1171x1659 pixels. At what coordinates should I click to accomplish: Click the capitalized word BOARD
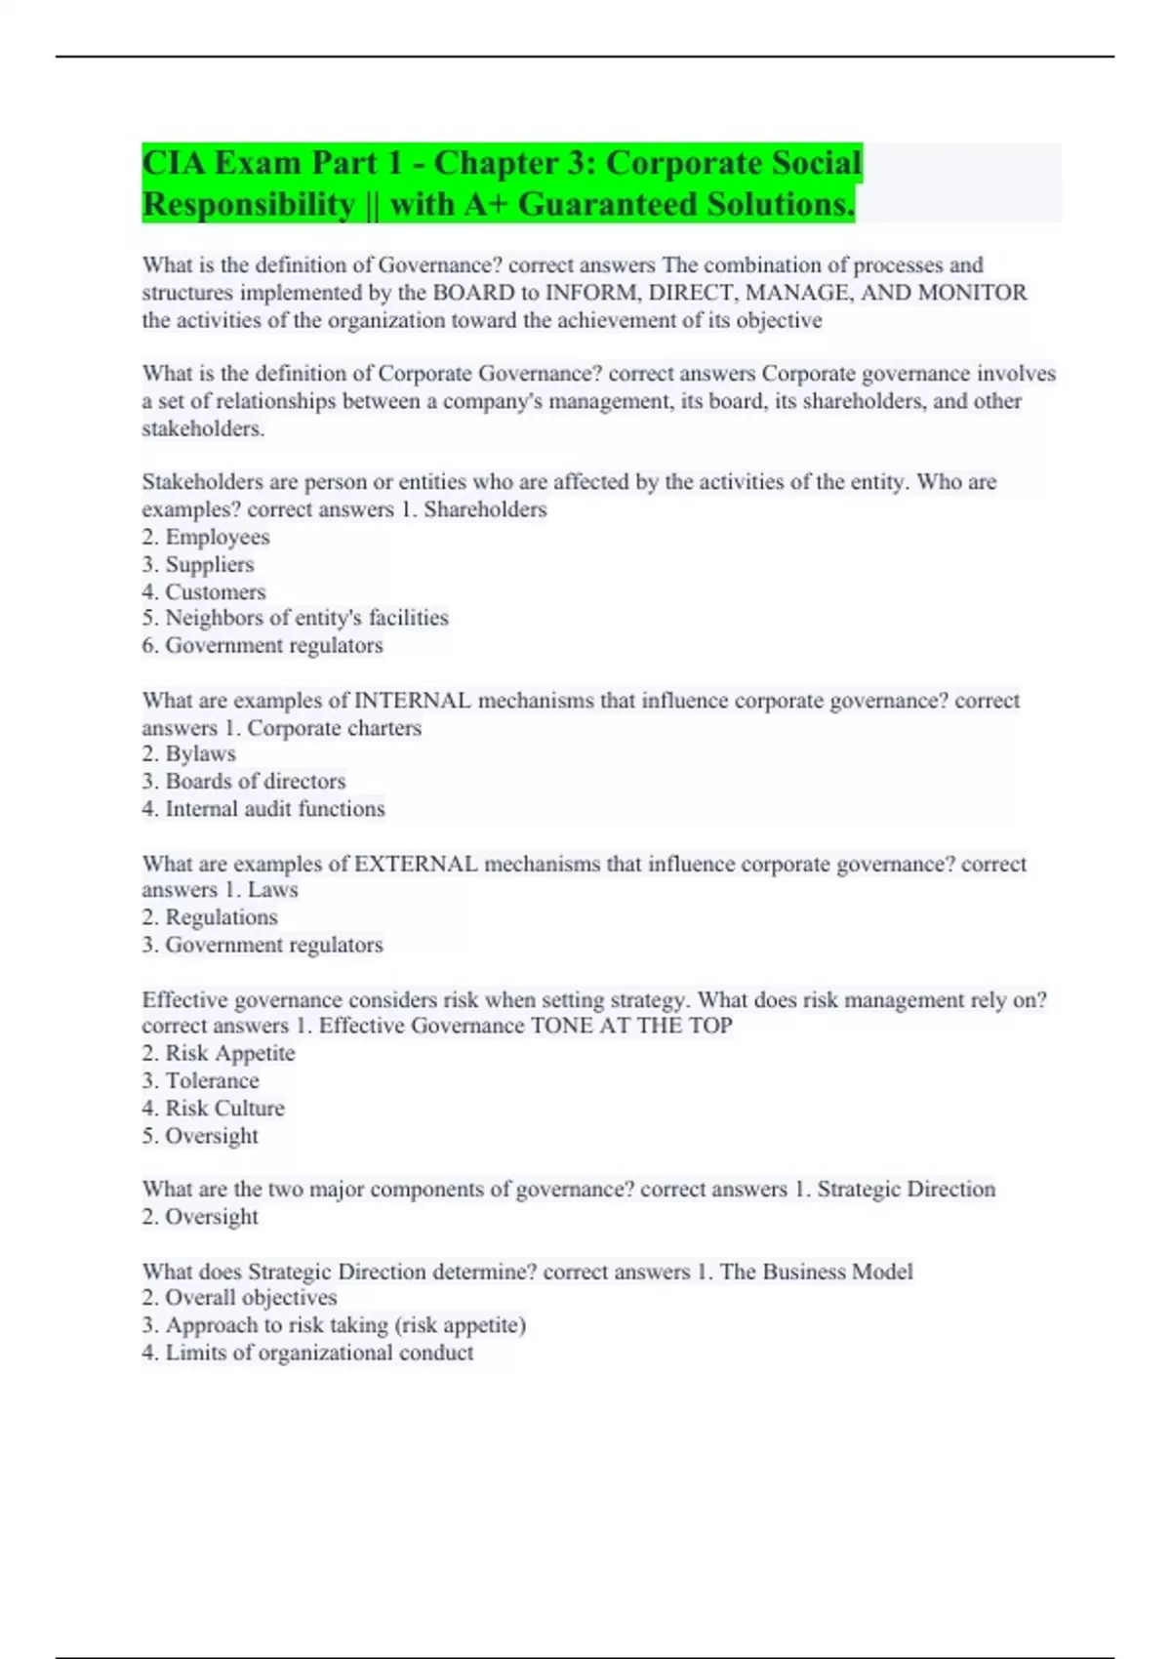click(x=473, y=293)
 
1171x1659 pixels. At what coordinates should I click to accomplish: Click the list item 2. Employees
click(x=206, y=537)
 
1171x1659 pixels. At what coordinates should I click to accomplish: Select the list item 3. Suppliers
click(x=198, y=564)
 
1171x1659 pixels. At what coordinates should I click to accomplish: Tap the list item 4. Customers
click(x=204, y=591)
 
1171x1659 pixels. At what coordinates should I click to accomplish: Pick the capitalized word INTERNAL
click(x=412, y=701)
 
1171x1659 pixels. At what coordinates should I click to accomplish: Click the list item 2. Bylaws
click(x=189, y=753)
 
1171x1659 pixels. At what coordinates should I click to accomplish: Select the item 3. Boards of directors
click(x=244, y=781)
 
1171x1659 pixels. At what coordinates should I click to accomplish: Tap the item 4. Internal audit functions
click(x=263, y=808)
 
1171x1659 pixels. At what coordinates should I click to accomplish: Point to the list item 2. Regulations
click(x=210, y=917)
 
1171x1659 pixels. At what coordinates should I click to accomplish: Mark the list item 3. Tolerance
click(x=201, y=1080)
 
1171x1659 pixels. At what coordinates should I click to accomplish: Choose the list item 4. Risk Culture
click(x=214, y=1108)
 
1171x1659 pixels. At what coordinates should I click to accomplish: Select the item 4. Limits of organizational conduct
click(x=307, y=1353)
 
